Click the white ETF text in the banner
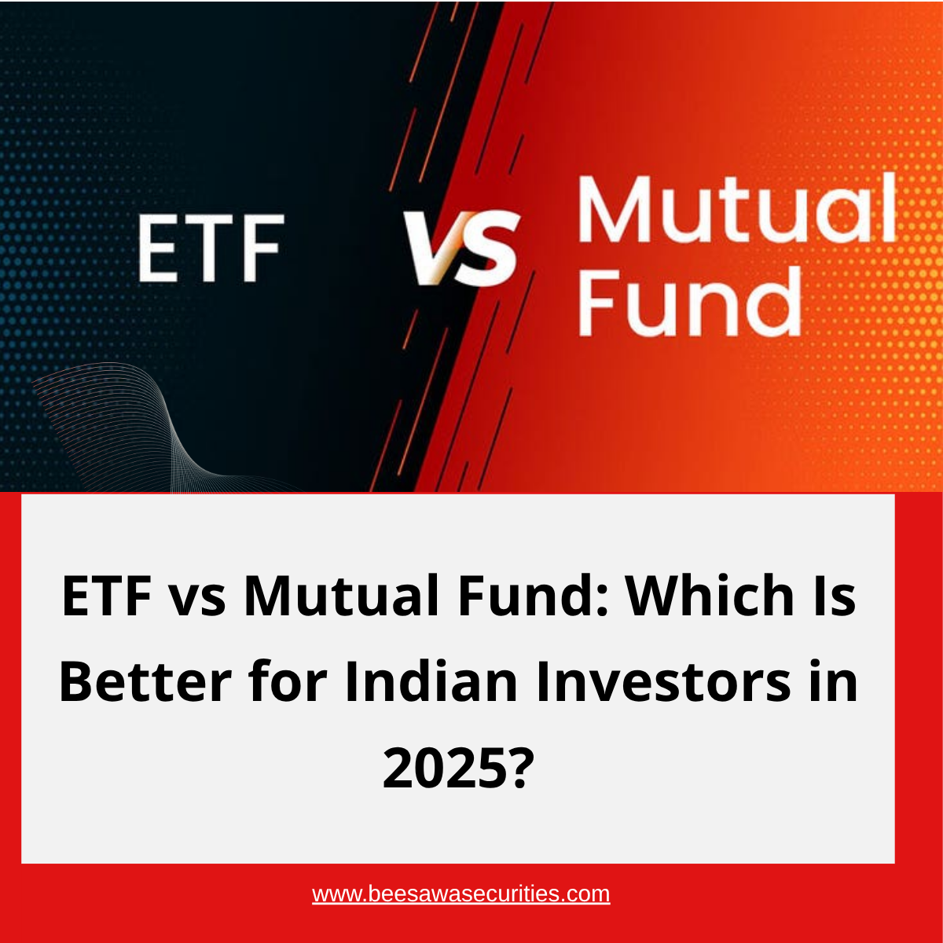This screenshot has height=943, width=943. click(211, 248)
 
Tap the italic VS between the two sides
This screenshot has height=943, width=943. click(461, 248)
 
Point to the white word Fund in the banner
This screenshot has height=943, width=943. click(690, 300)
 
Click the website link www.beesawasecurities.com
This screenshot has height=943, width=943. click(461, 893)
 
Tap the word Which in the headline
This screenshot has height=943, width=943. click(710, 596)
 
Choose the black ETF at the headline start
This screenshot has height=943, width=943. click(106, 596)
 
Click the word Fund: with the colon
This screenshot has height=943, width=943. click(533, 595)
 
